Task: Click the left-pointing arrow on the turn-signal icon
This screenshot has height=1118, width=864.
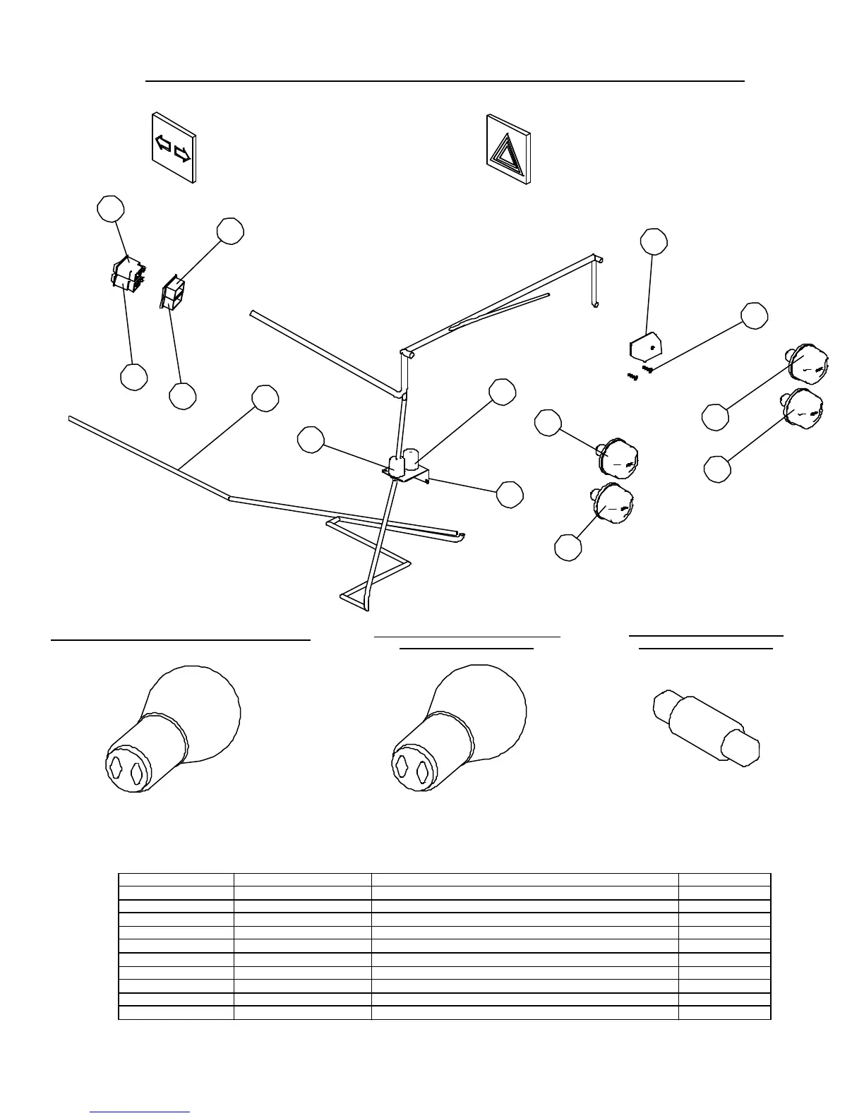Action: tap(163, 143)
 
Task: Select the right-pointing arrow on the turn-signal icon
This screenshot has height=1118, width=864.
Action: tap(182, 153)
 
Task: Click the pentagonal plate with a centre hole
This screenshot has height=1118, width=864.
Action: tap(645, 347)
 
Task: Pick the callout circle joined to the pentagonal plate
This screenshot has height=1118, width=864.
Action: tap(654, 241)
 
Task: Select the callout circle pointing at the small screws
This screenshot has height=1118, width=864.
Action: tap(755, 315)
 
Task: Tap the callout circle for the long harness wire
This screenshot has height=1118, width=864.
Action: tap(265, 398)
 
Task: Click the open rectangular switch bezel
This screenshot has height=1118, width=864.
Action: tap(172, 292)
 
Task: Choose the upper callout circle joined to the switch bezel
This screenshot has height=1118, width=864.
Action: tap(230, 231)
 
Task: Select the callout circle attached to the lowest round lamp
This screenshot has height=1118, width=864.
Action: tap(568, 548)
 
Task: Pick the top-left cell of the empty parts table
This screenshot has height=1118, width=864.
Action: tap(176, 879)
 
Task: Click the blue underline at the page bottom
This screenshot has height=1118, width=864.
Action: tap(140, 1112)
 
